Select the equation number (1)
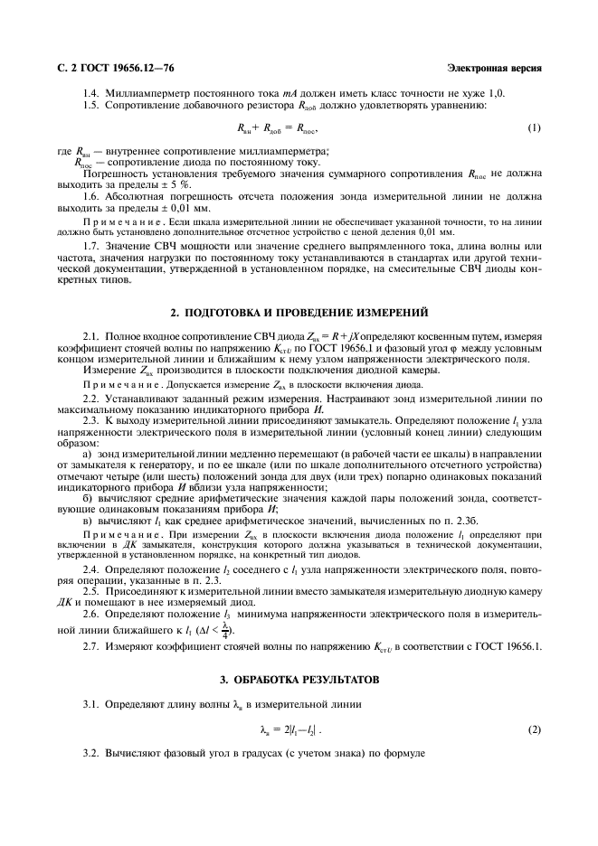point(534,127)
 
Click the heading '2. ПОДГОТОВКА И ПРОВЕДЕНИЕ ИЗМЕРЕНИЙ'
point(299,314)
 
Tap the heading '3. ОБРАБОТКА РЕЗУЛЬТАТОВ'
point(299,678)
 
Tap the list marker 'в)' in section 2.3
point(88,522)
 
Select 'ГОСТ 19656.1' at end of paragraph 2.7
point(508,646)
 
